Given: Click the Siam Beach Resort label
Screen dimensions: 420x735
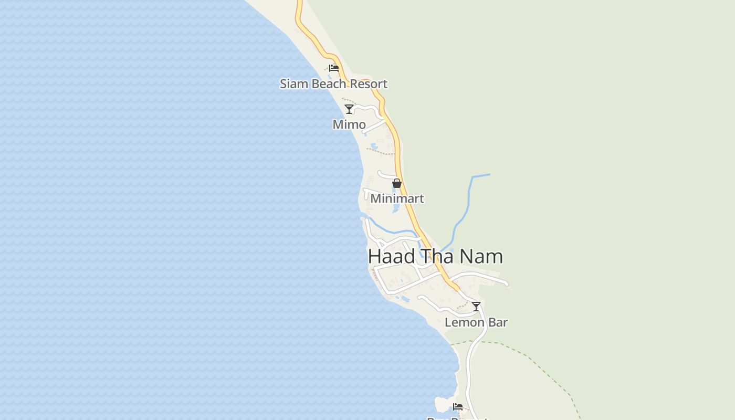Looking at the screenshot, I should tap(333, 84).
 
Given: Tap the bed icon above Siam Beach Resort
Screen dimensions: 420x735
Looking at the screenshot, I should tap(333, 68).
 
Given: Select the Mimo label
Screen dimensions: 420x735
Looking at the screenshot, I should tap(349, 124).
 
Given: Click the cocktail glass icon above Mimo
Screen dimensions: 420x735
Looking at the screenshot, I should tap(349, 109).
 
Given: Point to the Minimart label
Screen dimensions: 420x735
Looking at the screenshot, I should tap(397, 198).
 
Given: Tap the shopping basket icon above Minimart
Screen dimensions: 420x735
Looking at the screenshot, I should tap(397, 183).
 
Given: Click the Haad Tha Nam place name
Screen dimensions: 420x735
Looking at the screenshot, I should tap(435, 256).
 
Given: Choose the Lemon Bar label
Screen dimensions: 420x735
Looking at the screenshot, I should tap(476, 322).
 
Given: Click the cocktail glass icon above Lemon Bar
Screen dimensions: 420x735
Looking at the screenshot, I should tap(476, 307).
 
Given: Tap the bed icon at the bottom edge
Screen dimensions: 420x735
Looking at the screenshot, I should tap(458, 407).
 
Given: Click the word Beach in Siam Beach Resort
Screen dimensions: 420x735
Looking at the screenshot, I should tap(331, 84).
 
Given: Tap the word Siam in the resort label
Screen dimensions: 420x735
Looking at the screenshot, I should tap(292, 84).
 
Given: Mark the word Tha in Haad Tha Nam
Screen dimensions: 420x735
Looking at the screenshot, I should tap(438, 256).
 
